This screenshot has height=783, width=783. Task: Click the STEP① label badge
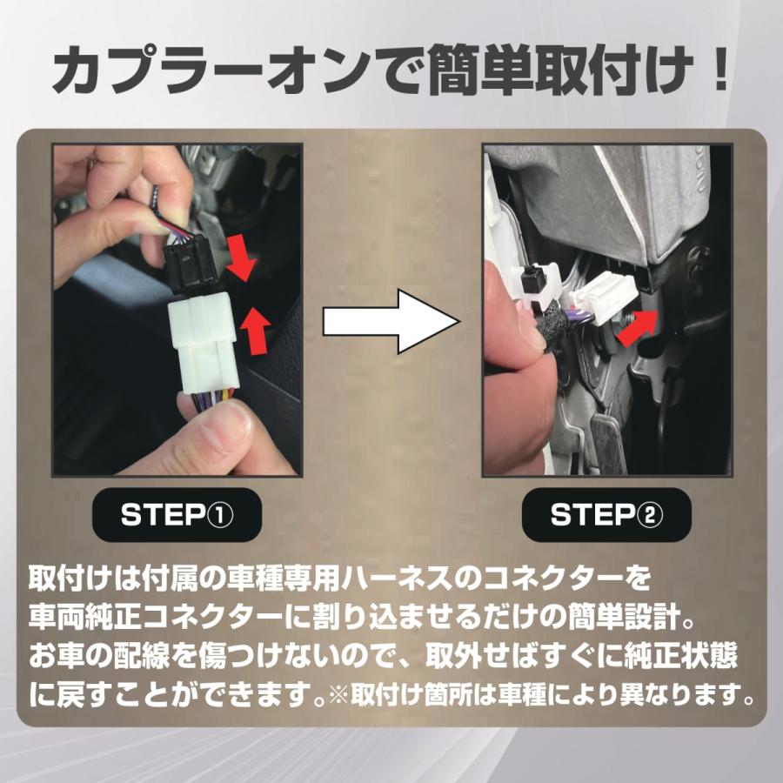(x=177, y=514)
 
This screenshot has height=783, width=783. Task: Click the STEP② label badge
(x=606, y=514)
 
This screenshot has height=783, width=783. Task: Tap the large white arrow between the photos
(x=391, y=322)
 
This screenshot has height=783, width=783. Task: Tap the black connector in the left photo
(x=191, y=262)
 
